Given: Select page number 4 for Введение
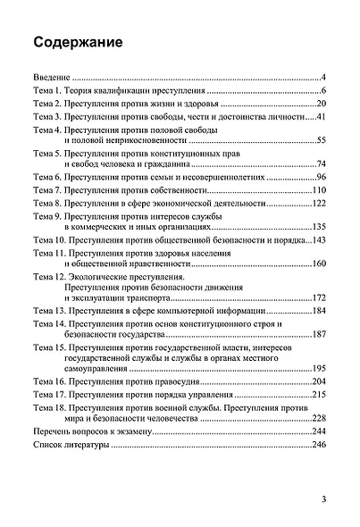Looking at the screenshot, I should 328,78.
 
